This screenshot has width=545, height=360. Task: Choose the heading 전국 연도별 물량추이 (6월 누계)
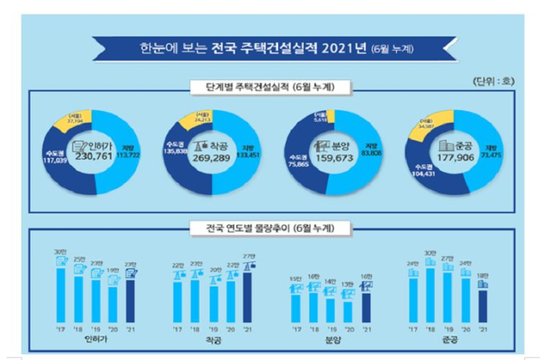coord(270,228)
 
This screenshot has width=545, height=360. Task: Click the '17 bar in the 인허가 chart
coord(59,292)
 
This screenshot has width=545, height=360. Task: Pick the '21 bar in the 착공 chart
coord(248,297)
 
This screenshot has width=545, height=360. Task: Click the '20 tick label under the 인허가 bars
coord(112,329)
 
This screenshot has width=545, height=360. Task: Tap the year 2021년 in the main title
coord(345,49)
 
